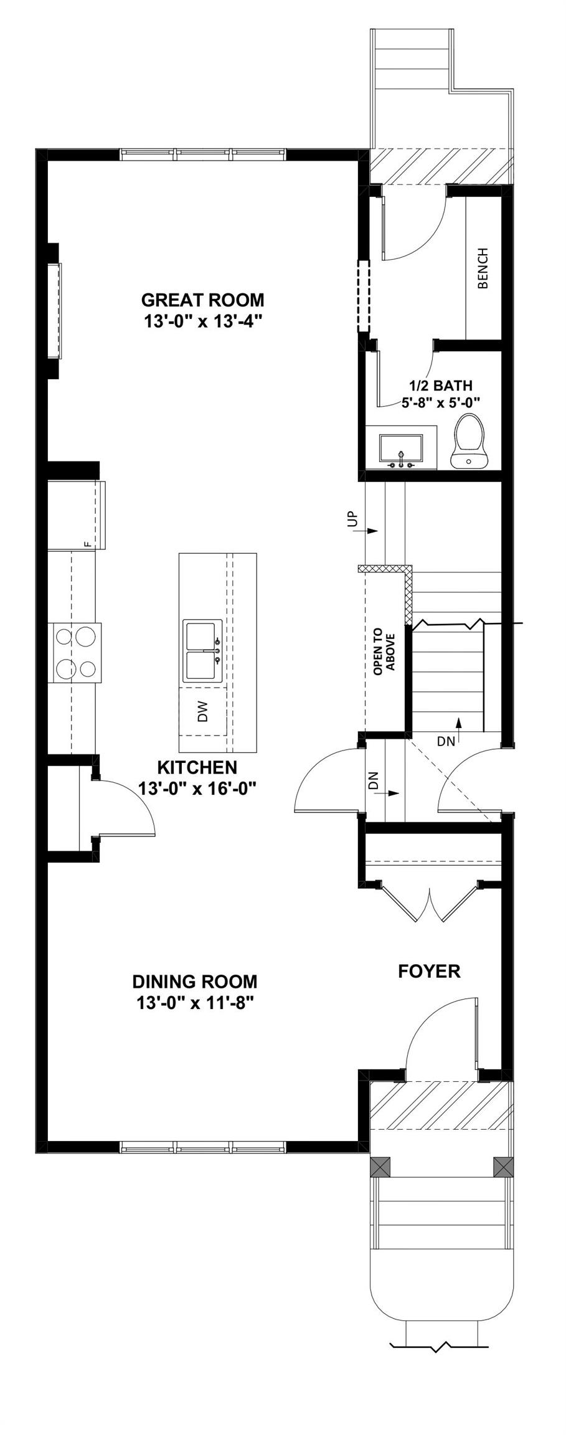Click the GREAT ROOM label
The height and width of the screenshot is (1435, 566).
[x=202, y=300]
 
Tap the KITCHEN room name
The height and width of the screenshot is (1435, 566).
[x=197, y=767]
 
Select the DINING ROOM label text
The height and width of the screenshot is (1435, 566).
[x=194, y=982]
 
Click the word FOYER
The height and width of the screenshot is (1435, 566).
[x=429, y=971]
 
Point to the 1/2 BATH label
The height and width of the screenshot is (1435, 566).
[x=440, y=386]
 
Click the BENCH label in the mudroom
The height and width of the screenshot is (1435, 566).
[x=483, y=268]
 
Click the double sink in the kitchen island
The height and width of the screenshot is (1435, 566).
[x=202, y=651]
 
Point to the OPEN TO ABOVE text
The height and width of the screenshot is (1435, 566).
[x=384, y=651]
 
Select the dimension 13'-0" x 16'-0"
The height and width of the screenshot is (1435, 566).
[x=197, y=789]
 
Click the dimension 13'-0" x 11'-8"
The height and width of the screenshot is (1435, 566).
[x=194, y=1003]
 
